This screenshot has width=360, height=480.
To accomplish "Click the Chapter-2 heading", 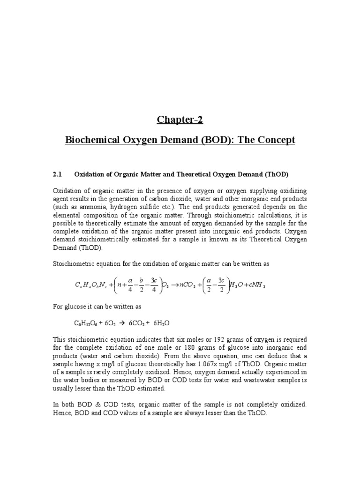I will tap(180, 120).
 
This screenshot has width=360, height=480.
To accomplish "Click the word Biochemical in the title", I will tap(90, 140).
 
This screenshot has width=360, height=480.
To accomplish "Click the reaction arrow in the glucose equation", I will tap(123, 323).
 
